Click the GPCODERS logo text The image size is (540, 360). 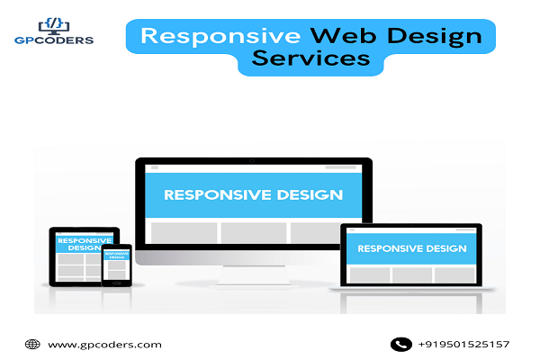point(54,40)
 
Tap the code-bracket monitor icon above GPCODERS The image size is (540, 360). point(54,26)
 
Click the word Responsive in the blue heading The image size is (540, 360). point(220,37)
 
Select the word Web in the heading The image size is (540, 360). point(343,35)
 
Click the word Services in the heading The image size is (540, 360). point(311,58)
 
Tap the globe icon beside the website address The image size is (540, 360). point(32,344)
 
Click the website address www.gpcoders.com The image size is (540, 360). point(104,345)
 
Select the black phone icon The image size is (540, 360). point(401,344)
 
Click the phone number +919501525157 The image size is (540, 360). point(463,344)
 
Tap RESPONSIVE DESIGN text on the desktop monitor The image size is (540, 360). point(254,195)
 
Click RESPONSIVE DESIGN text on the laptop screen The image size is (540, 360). point(412,248)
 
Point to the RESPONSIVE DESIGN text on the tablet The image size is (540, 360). point(85,244)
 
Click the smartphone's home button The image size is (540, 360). point(116,283)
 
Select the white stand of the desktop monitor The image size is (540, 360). point(254,274)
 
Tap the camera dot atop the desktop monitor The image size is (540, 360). point(252,161)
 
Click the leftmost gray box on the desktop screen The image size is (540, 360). point(184,233)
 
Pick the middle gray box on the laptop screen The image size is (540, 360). point(412,275)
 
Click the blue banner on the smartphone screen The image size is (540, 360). point(117,255)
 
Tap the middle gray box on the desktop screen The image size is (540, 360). point(254,233)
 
